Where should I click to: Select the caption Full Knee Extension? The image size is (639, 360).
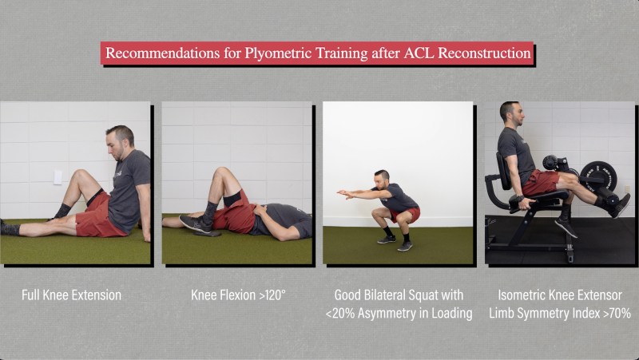tap(71, 295)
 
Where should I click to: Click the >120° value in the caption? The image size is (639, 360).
tap(272, 295)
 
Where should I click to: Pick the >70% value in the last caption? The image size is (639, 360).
tap(617, 313)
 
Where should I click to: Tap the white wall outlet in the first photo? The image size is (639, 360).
tap(58, 177)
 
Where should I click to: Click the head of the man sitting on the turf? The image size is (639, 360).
tap(121, 142)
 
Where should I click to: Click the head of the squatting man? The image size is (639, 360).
tap(382, 180)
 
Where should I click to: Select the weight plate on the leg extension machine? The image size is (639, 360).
tap(597, 177)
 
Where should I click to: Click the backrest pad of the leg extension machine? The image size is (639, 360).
tap(503, 171)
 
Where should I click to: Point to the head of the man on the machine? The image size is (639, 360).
tap(510, 113)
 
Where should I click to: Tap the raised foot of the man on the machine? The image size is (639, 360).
tap(620, 206)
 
